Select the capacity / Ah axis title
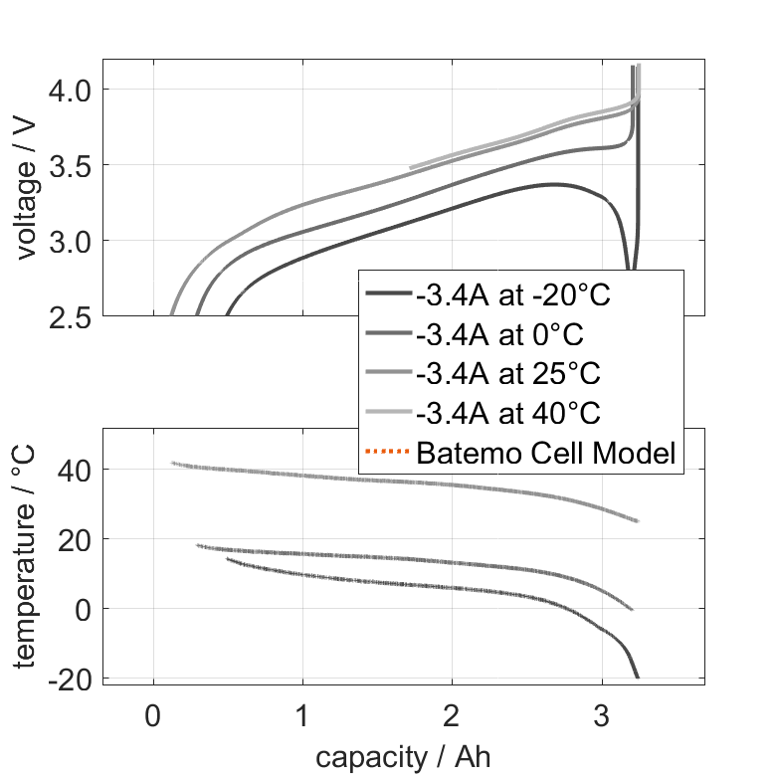[403, 756]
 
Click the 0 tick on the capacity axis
[153, 716]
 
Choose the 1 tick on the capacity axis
[302, 716]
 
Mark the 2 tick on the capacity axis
[453, 716]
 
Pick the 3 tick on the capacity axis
[602, 716]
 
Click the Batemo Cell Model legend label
[546, 453]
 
